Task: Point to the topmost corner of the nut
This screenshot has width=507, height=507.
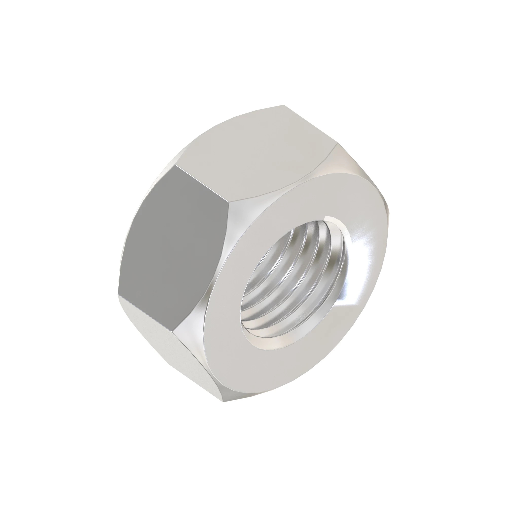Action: click(x=284, y=105)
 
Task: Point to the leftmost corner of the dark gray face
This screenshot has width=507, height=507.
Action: click(x=118, y=295)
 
